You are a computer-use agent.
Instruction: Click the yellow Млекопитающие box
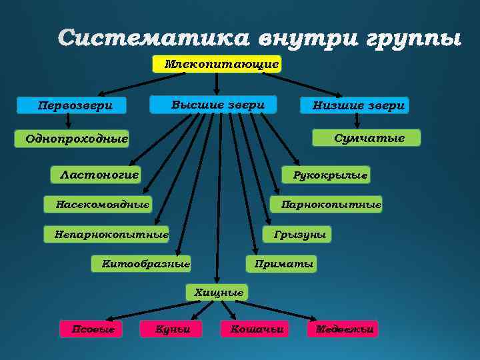tap(217, 64)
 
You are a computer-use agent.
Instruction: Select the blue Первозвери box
tap(75, 105)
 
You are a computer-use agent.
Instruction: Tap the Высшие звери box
tap(213, 105)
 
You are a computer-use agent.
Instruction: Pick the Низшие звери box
tap(353, 105)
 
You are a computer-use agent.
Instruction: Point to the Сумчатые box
tap(367, 137)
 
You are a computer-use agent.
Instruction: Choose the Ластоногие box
tap(97, 175)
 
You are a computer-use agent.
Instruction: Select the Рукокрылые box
tap(325, 175)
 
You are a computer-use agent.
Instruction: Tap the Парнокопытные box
tap(326, 204)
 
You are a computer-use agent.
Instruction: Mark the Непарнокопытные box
tap(107, 234)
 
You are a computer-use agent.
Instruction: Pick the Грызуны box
tap(297, 234)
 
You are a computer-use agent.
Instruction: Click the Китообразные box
tap(141, 264)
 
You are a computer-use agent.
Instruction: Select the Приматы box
tap(282, 264)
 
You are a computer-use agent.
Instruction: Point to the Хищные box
tap(217, 292)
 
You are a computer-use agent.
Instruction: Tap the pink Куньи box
tap(171, 329)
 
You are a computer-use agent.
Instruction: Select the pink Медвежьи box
tap(342, 329)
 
